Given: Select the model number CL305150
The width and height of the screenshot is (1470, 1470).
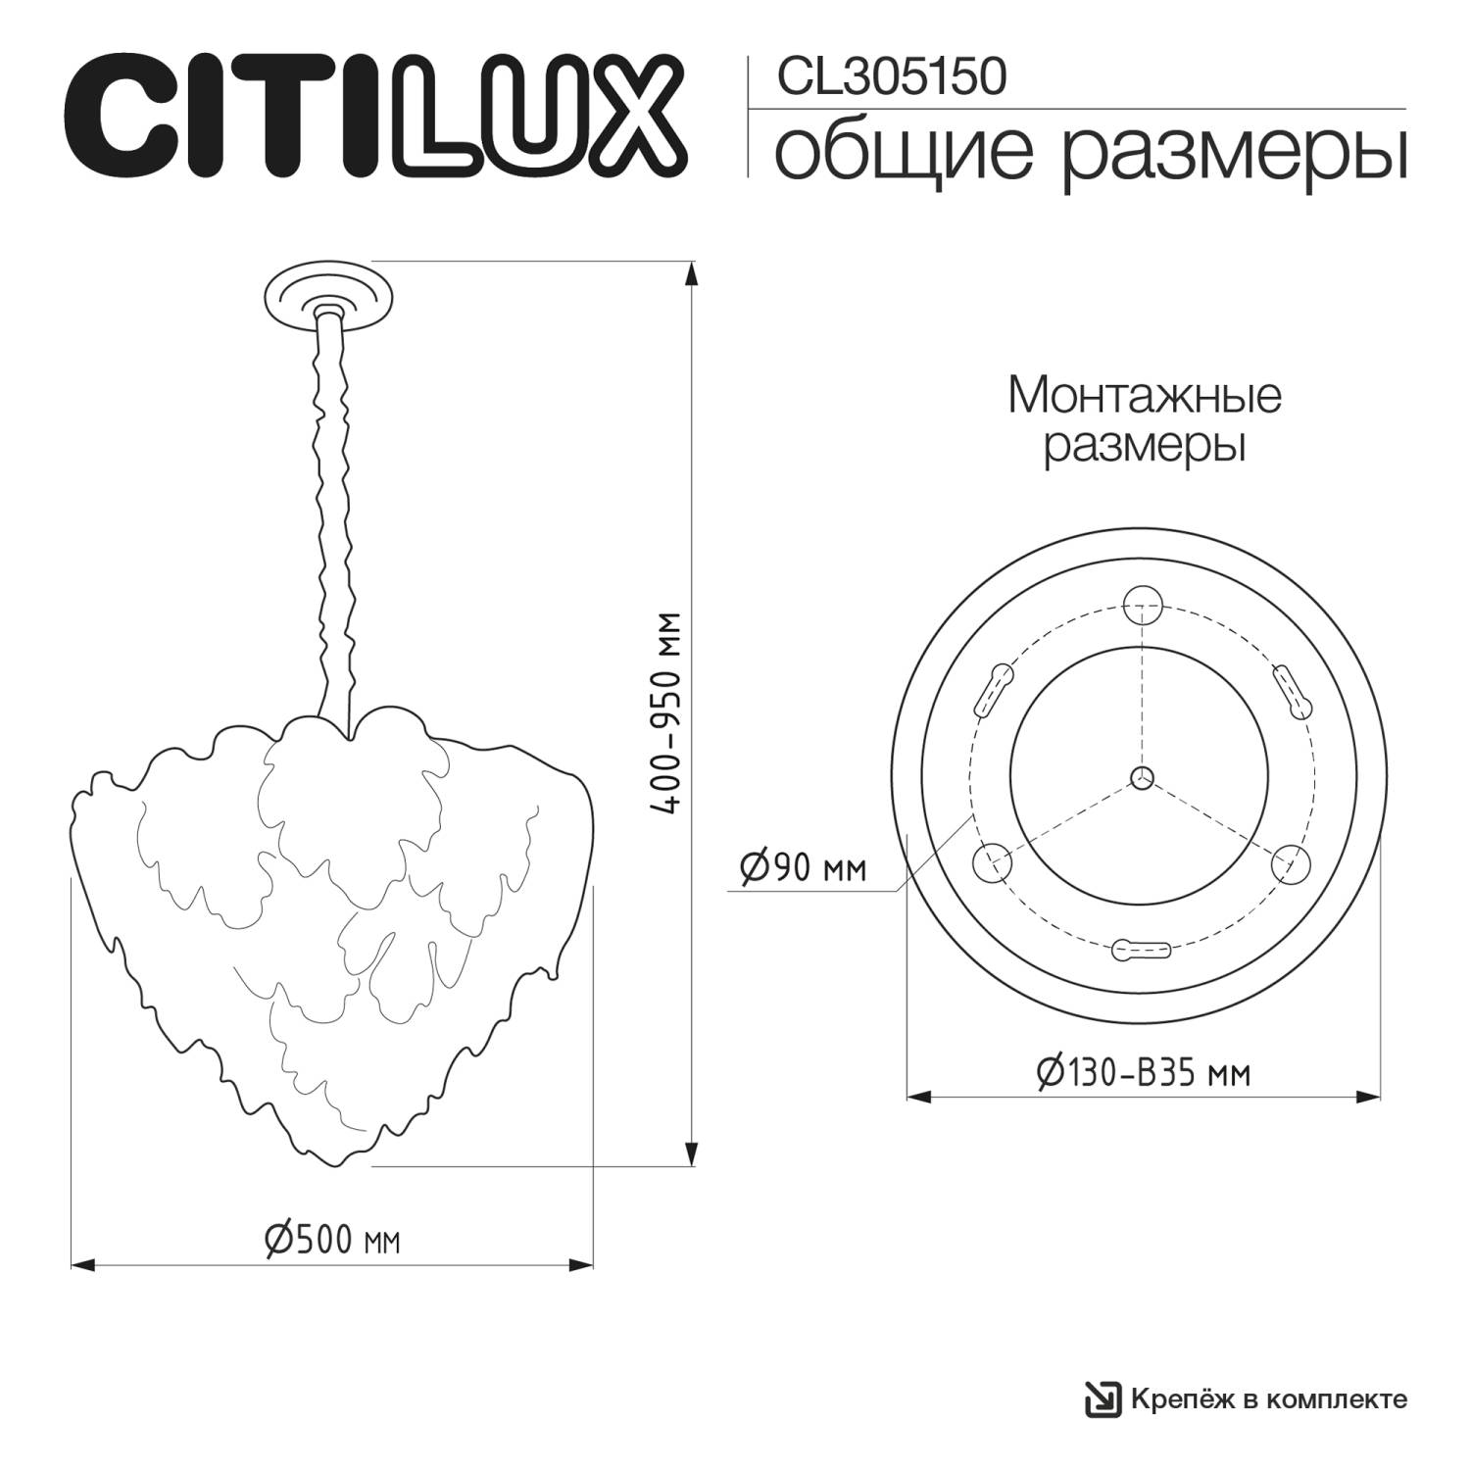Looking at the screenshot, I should [891, 77].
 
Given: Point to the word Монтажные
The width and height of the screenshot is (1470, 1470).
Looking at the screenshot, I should [1144, 397].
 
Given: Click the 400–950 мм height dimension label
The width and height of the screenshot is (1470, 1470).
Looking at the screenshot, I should [668, 714].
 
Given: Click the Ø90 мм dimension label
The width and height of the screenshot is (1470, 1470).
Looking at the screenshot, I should [803, 867].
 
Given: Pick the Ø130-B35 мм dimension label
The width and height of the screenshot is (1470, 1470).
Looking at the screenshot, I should [1143, 1073].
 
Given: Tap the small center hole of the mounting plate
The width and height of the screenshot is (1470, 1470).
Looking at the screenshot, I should [1141, 777].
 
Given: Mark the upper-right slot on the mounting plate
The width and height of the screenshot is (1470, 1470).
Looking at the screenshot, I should [1291, 691].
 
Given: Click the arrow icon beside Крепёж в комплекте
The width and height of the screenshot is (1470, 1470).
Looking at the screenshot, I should [1102, 1398].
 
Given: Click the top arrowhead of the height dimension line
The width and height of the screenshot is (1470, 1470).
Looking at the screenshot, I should [693, 271].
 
